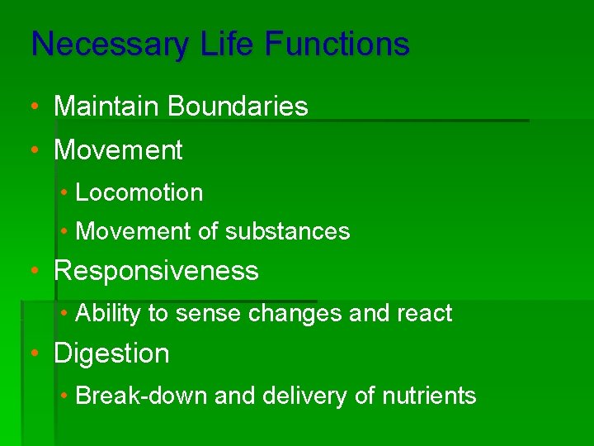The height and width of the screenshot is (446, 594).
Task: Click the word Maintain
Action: pyautogui.click(x=106, y=107)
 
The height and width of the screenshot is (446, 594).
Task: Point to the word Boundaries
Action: pyautogui.click(x=238, y=107)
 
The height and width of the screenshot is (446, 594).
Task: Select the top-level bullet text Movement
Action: pyautogui.click(x=118, y=150)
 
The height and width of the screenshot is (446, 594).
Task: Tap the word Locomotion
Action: pyautogui.click(x=139, y=193)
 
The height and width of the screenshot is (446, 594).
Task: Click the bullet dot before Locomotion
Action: pyautogui.click(x=64, y=193)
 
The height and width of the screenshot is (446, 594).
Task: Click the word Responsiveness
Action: pyautogui.click(x=156, y=272)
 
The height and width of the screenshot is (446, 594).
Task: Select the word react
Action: pyautogui.click(x=424, y=314)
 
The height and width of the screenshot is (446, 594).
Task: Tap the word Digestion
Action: pyautogui.click(x=111, y=354)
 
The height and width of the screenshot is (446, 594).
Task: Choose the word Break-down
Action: pyautogui.click(x=141, y=396)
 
